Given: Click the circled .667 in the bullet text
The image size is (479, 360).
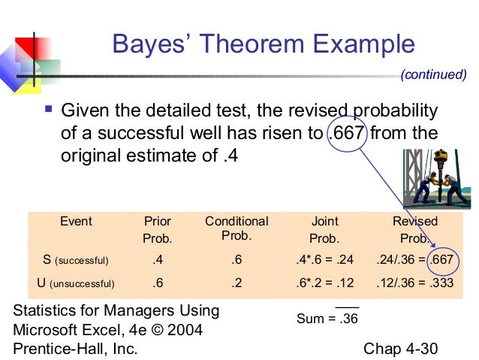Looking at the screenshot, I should (x=348, y=135).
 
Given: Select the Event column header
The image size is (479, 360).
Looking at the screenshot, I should (x=76, y=222).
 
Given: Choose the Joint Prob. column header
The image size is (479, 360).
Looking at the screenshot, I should (x=324, y=229).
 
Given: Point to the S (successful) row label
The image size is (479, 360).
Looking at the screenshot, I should (x=76, y=261).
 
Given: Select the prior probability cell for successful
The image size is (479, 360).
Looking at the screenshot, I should (x=158, y=261).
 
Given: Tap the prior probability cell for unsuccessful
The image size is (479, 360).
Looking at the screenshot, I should (x=158, y=283).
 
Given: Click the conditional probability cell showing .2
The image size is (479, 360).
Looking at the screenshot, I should (x=236, y=283).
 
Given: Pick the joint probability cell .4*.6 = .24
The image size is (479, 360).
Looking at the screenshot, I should (x=324, y=261).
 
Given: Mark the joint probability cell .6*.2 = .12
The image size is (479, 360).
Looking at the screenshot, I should (x=324, y=283).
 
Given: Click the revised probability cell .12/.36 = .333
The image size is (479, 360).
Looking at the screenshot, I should (x=415, y=283).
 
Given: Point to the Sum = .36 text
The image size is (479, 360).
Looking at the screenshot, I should (x=327, y=318).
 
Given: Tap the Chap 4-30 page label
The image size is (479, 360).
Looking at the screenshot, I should (x=399, y=349).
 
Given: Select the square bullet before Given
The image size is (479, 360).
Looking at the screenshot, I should (x=48, y=112).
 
